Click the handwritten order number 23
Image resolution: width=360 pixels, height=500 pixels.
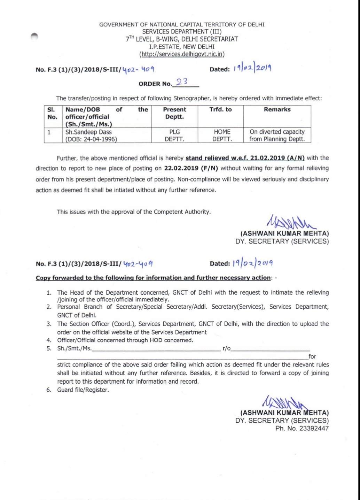click(x=182, y=82)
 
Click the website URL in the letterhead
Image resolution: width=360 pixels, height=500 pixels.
click(x=182, y=54)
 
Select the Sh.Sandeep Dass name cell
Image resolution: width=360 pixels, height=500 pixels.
click(x=88, y=132)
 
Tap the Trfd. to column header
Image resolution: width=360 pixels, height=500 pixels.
click(x=220, y=109)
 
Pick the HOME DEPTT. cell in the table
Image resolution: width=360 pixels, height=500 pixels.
click(x=222, y=136)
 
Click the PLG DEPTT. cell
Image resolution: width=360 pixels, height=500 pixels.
click(x=174, y=136)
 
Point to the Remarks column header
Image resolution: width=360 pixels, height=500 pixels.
click(x=277, y=109)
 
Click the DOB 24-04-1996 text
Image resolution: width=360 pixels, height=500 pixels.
click(x=91, y=139)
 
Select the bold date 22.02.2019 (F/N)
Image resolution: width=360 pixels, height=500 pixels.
click(x=191, y=168)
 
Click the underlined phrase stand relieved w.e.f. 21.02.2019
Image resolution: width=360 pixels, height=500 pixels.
click(x=245, y=158)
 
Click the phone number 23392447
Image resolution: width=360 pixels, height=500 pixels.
click(x=314, y=428)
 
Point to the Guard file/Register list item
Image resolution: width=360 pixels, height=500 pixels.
click(x=83, y=390)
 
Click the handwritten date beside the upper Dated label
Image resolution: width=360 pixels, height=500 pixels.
click(x=252, y=68)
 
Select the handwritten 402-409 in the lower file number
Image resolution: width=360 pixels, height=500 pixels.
click(x=138, y=263)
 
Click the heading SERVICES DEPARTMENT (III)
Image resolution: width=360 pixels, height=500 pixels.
click(x=182, y=32)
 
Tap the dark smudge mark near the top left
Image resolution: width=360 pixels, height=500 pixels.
click(x=34, y=37)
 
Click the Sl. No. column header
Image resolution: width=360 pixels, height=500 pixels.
click(x=52, y=113)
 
